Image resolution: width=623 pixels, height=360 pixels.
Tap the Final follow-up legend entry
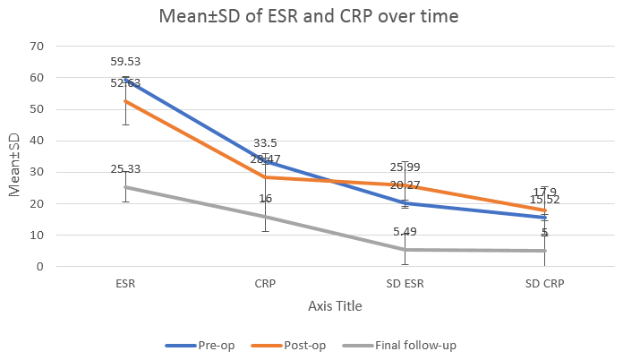tap(408, 345)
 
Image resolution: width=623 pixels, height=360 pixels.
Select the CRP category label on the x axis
tap(264, 284)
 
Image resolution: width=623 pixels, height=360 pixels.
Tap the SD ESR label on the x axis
tap(405, 284)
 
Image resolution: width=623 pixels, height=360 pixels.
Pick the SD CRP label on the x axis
tap(544, 284)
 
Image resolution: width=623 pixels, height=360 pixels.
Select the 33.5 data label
tap(264, 143)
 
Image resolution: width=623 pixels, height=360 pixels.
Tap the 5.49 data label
tap(405, 232)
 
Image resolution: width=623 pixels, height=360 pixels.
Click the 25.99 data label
tap(405, 167)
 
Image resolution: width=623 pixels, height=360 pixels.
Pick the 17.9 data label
tap(544, 192)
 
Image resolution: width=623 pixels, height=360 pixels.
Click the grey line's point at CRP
tap(264, 216)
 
